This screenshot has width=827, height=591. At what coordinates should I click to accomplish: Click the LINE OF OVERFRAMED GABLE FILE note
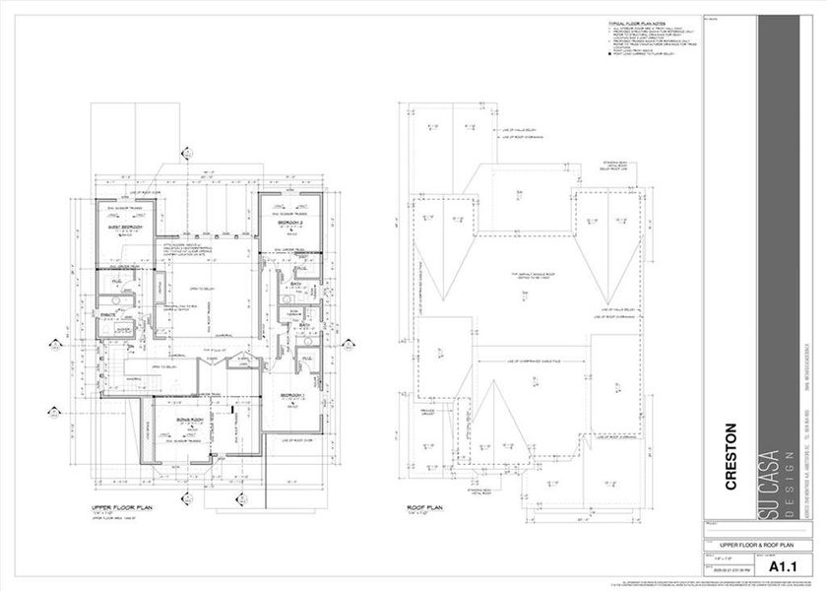point(532,361)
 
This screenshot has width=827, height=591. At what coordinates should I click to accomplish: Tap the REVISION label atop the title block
point(712,18)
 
